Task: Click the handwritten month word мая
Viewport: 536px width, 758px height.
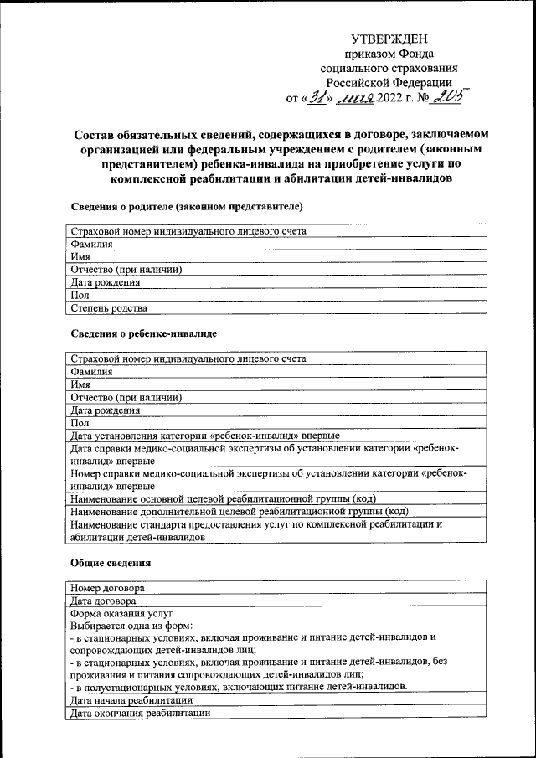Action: (x=355, y=99)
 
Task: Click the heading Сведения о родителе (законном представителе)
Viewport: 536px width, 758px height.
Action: (x=187, y=205)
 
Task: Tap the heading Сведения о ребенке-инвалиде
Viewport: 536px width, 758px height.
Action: (x=144, y=333)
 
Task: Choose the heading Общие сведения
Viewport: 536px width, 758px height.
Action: (x=110, y=563)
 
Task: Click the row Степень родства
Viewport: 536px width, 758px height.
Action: (x=111, y=307)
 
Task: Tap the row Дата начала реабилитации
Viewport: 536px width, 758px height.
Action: (x=133, y=699)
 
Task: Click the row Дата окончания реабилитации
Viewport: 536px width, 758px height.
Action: (x=141, y=713)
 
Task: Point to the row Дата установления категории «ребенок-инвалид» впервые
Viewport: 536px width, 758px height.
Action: (x=205, y=436)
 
